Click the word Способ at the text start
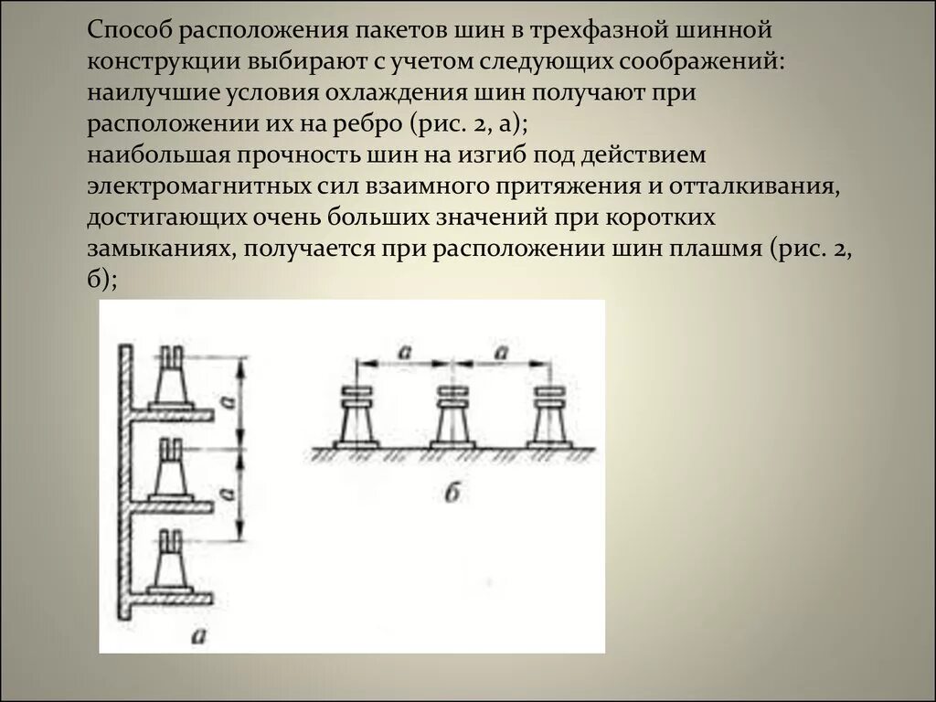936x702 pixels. coord(131,30)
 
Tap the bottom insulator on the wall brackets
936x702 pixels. coord(173,559)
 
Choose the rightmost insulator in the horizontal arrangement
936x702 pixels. coord(551,417)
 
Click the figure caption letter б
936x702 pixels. coord(451,494)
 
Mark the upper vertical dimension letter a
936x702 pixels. coord(229,400)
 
